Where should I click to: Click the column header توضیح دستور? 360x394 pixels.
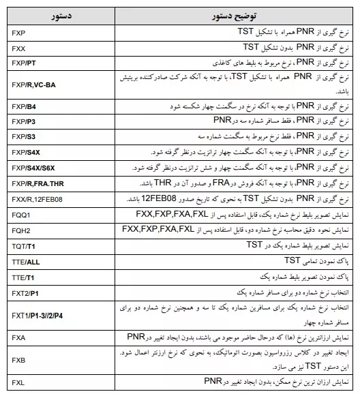(x=232, y=15)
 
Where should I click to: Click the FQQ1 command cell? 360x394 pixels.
(x=20, y=215)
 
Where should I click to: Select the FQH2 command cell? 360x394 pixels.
(x=20, y=230)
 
